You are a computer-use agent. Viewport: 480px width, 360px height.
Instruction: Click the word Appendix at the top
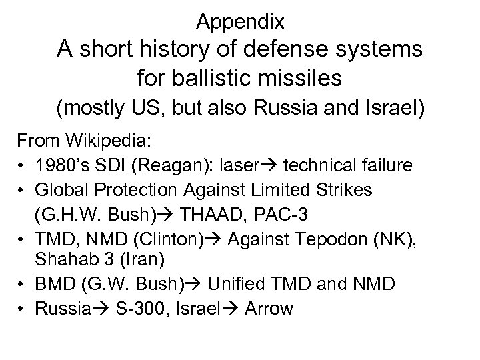pyautogui.click(x=241, y=22)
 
